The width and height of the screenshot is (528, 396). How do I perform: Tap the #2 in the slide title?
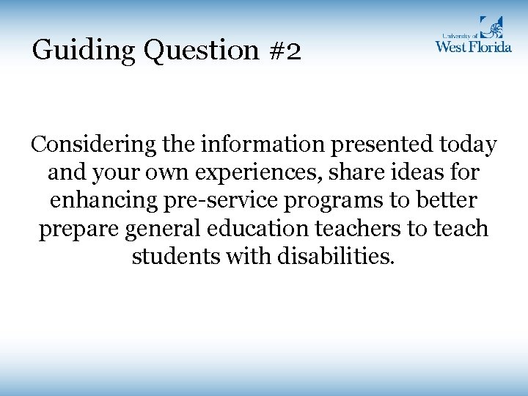pyautogui.click(x=284, y=51)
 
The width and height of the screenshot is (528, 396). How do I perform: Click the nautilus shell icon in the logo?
pyautogui.click(x=491, y=27)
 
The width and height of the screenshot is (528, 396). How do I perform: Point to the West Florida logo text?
pyautogui.click(x=473, y=46)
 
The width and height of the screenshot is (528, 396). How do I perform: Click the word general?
pyautogui.click(x=163, y=229)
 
